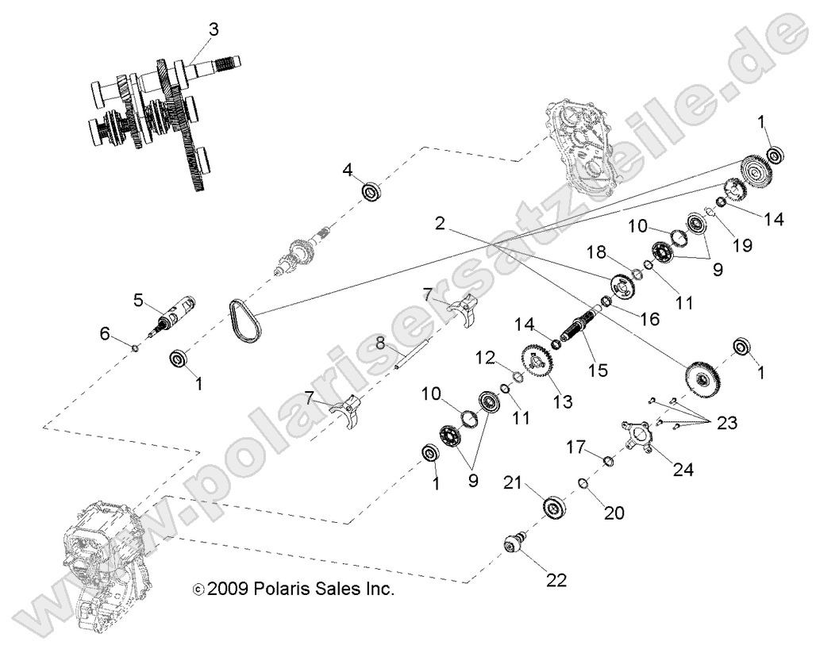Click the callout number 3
point(213,30)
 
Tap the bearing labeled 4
point(371,191)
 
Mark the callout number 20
point(614,513)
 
